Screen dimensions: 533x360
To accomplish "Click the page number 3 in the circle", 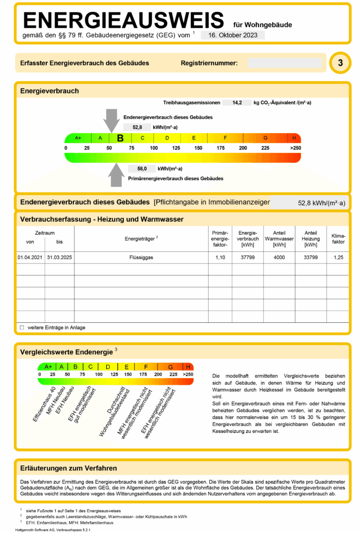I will point(340,63).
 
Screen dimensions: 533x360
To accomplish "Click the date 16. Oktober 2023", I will point(233,35).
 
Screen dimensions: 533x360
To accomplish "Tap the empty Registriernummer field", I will point(284,63).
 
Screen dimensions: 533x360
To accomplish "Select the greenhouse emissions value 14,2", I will point(237,103).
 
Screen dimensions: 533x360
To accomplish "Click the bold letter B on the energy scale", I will point(120,138).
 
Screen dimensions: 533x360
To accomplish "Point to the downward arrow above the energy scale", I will point(111,120).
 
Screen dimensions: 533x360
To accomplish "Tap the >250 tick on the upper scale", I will point(295,148).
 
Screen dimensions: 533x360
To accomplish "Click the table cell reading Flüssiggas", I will point(141,257).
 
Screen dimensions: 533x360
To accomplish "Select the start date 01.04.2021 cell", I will point(30,257).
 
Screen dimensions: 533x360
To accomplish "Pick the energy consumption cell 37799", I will point(248,257).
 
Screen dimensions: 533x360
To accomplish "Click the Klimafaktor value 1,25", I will point(338,257).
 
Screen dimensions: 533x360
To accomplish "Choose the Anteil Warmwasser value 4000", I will point(279,257).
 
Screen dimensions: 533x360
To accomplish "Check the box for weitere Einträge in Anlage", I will point(22,327).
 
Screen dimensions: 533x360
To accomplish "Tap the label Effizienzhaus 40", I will point(44,404).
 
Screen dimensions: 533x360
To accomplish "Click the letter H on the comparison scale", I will point(188,366).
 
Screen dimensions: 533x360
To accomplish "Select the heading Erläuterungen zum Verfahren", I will point(68,468).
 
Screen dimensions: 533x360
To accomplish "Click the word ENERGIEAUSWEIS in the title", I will point(123,20).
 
